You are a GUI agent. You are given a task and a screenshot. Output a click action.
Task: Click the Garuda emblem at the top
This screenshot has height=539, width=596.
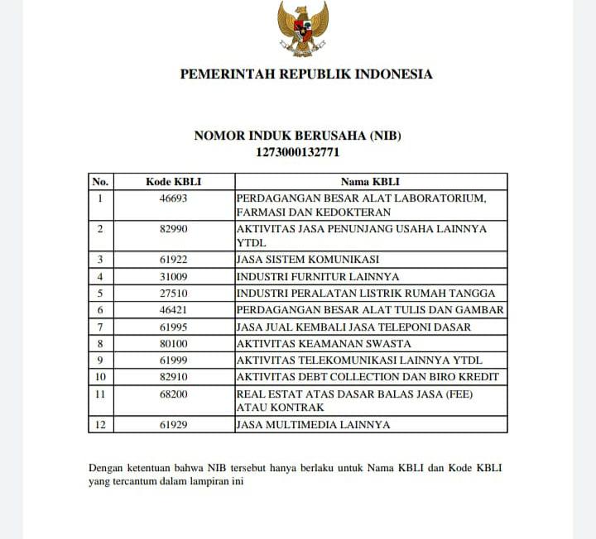(303, 29)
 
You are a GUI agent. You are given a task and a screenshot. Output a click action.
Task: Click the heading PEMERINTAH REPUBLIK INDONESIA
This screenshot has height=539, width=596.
(306, 74)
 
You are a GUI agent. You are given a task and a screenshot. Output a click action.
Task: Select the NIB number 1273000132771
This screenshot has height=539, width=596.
(297, 152)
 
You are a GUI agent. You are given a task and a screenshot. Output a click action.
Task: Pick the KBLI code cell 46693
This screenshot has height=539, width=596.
(174, 198)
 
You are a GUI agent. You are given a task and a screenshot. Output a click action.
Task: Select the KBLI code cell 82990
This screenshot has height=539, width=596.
(174, 229)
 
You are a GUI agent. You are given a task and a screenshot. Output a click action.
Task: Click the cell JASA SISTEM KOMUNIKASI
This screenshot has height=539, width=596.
(307, 260)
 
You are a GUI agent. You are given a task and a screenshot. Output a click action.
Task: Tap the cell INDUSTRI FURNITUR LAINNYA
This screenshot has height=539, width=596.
(318, 276)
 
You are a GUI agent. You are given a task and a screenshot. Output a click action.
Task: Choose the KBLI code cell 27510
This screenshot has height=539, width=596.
(174, 293)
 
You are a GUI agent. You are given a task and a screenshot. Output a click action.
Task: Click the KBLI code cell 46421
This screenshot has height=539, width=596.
(174, 310)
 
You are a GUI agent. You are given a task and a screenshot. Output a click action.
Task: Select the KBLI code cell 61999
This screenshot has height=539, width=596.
(174, 360)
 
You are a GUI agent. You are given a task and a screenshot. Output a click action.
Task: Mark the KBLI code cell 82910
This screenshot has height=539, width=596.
(174, 377)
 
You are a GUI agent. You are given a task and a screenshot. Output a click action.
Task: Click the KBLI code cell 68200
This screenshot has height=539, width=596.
(174, 394)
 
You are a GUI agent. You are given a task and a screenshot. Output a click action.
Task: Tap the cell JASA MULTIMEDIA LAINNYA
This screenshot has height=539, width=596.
(313, 425)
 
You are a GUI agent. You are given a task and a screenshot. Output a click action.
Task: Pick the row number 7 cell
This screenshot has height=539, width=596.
(100, 327)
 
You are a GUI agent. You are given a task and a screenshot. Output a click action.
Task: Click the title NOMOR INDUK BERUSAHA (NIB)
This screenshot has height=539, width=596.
(297, 136)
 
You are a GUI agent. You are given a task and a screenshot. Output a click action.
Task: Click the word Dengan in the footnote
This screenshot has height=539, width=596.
(105, 468)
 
